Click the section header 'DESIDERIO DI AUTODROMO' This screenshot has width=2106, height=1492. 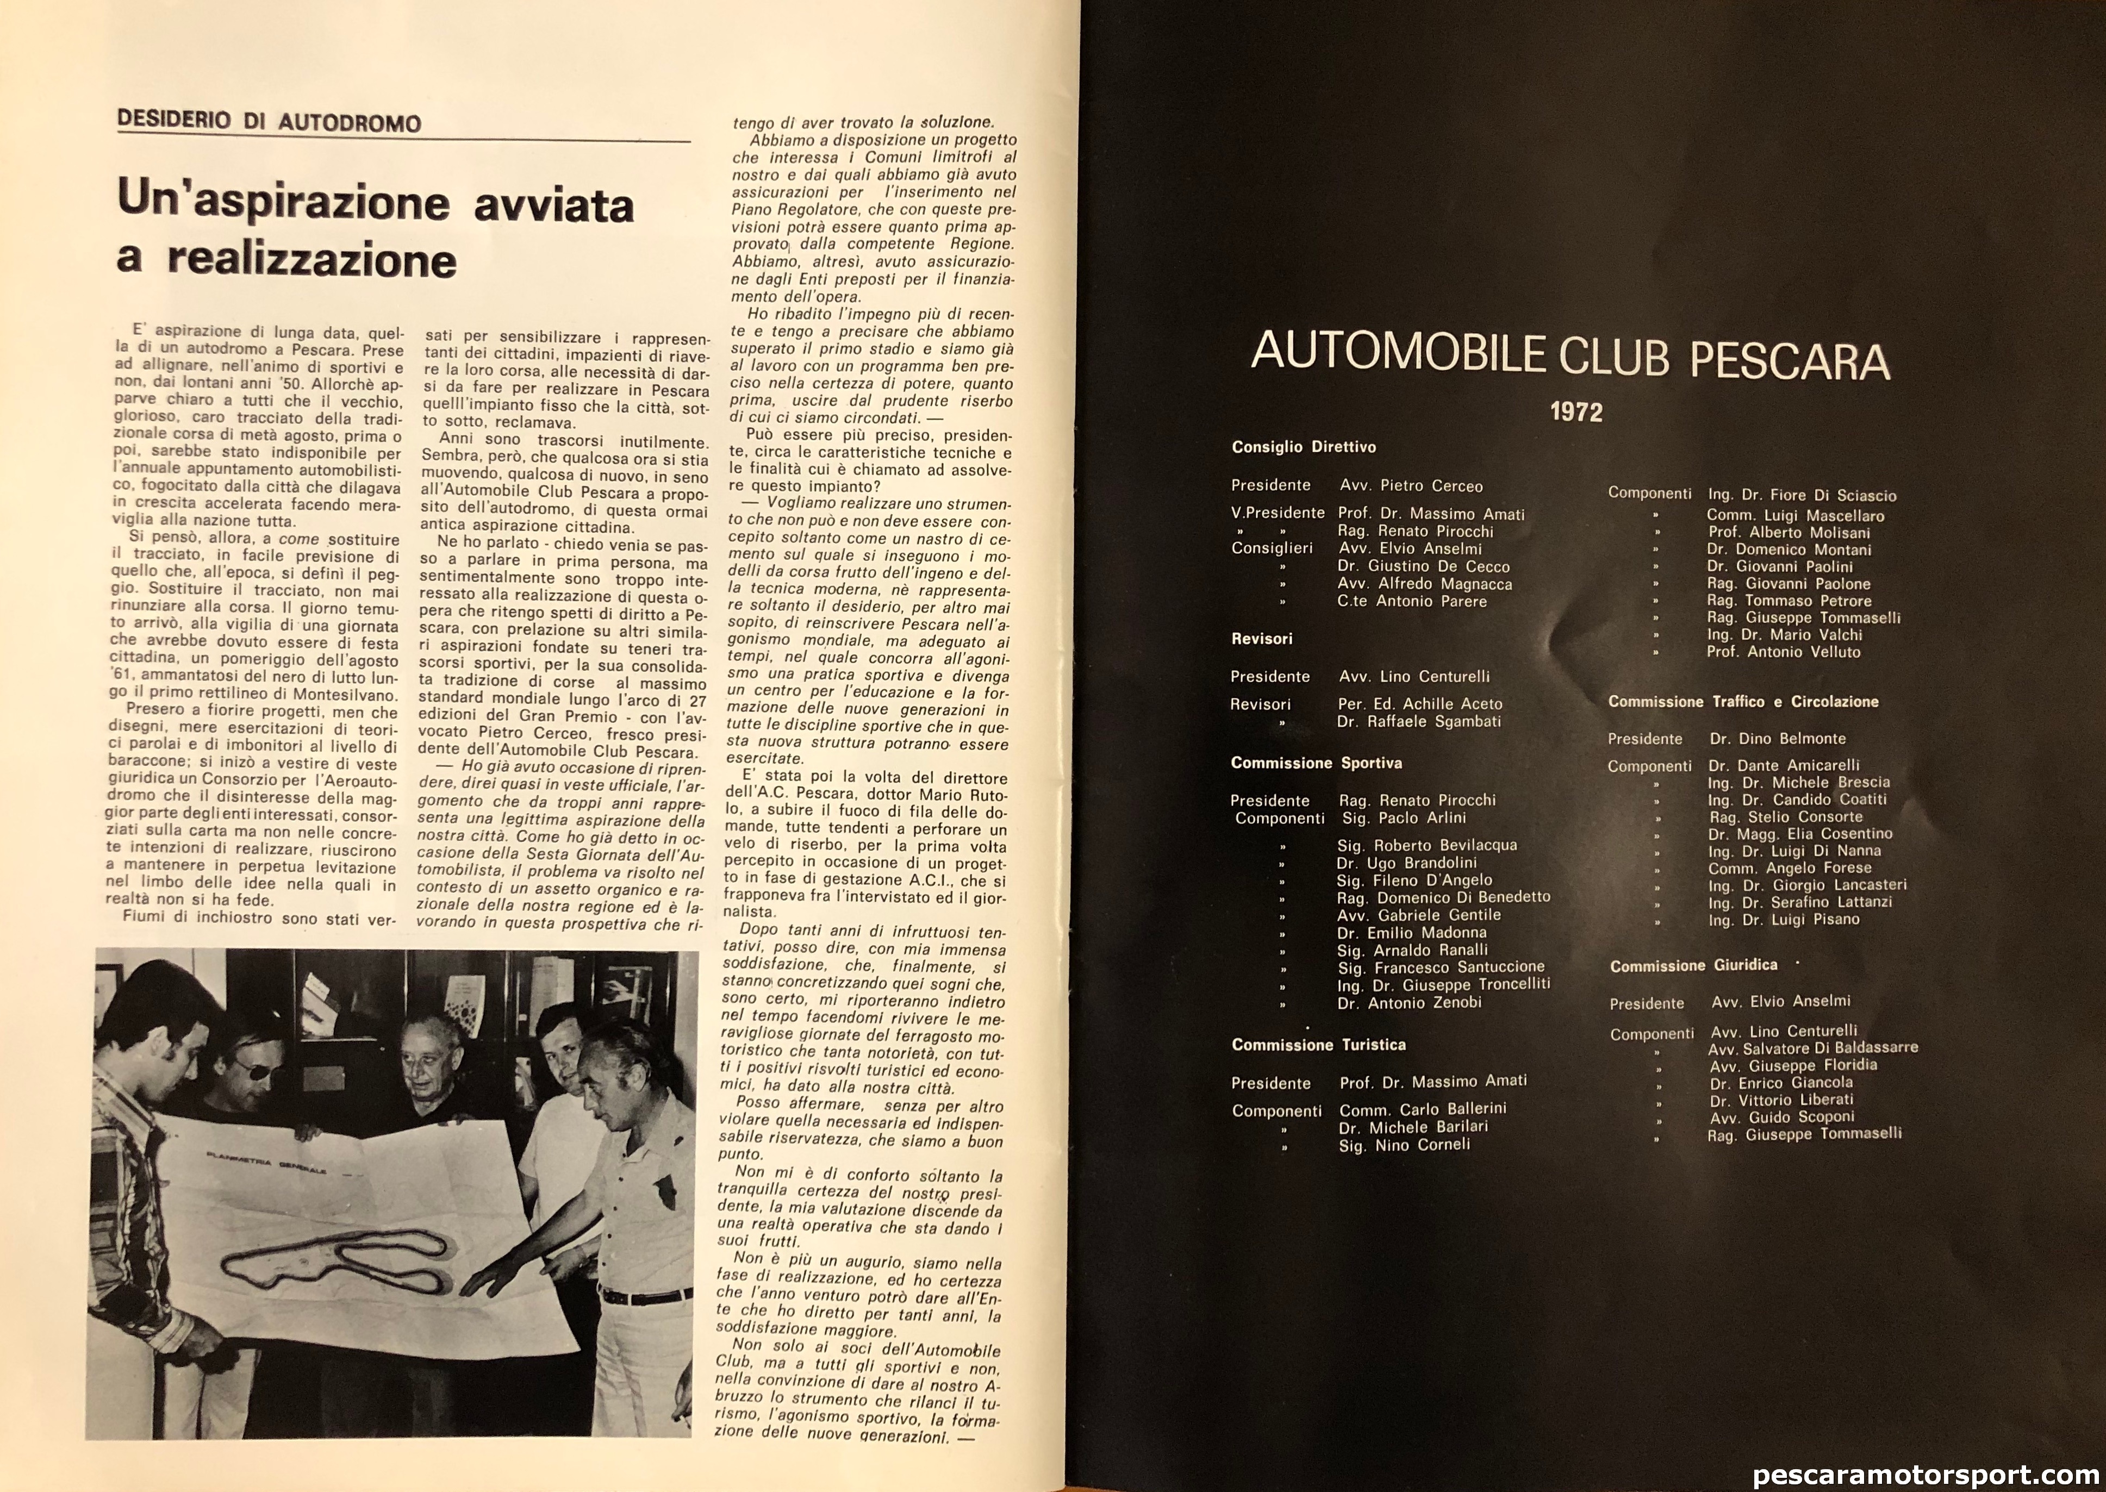pyautogui.click(x=269, y=122)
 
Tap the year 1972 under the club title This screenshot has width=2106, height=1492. pyautogui.click(x=1576, y=411)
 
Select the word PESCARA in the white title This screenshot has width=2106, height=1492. pyautogui.click(x=1790, y=361)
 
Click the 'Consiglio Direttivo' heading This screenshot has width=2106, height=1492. pyautogui.click(x=1303, y=447)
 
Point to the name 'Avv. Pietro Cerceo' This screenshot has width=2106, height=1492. pyautogui.click(x=1410, y=486)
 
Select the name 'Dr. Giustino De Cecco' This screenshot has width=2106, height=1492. pyautogui.click(x=1423, y=567)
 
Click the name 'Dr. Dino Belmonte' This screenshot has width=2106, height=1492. pyautogui.click(x=1777, y=739)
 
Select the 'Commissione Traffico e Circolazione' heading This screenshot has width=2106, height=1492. pyautogui.click(x=1742, y=702)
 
